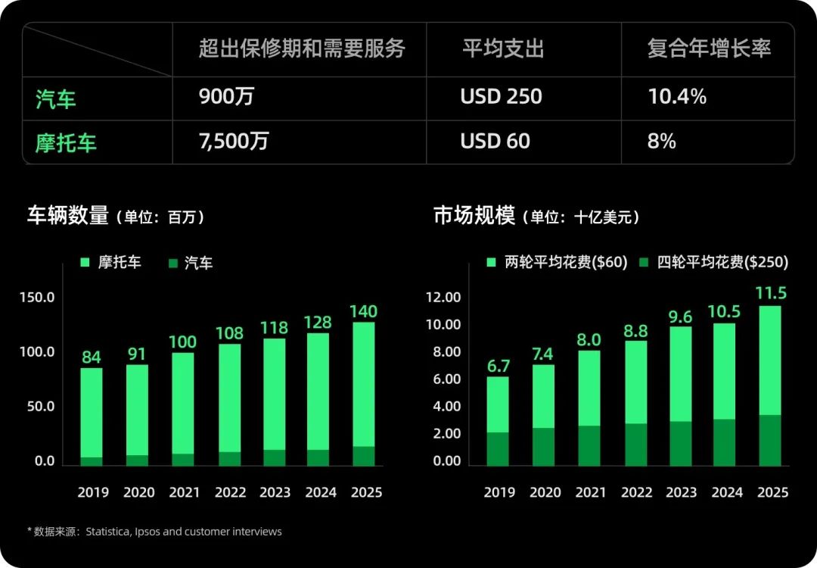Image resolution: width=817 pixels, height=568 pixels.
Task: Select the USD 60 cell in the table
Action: pyautogui.click(x=495, y=142)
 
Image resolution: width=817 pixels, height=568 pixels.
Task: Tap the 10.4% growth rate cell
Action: pyautogui.click(x=677, y=97)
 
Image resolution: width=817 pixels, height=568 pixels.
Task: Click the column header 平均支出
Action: pyautogui.click(x=503, y=50)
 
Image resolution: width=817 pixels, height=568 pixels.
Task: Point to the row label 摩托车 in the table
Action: pyautogui.click(x=66, y=142)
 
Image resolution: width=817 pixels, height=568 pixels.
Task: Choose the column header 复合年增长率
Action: pyautogui.click(x=709, y=50)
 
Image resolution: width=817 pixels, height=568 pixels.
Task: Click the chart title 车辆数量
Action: pyautogui.click(x=68, y=216)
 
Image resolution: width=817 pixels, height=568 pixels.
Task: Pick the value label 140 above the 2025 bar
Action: pyautogui.click(x=363, y=311)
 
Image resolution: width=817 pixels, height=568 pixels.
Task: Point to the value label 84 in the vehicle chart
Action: pyautogui.click(x=92, y=356)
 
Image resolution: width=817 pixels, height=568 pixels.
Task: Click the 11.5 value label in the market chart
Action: pyautogui.click(x=770, y=293)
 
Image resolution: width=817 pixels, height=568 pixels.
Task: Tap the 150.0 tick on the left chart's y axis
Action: pyautogui.click(x=37, y=298)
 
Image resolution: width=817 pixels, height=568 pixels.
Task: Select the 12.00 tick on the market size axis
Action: pyautogui.click(x=443, y=298)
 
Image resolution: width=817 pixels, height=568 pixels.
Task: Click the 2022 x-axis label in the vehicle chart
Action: pyautogui.click(x=230, y=492)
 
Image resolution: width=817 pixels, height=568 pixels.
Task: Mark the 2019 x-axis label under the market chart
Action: pyautogui.click(x=500, y=492)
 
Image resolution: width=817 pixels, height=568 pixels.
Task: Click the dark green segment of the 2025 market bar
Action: pyautogui.click(x=770, y=440)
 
